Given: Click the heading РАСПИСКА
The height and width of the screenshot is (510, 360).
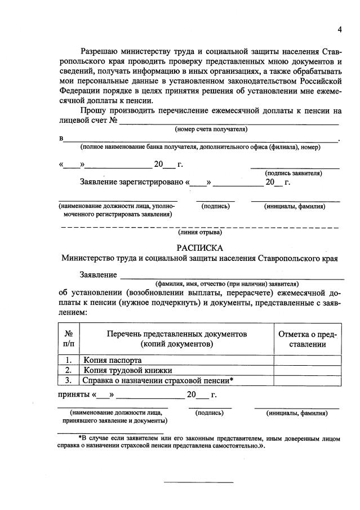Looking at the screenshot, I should [200, 248].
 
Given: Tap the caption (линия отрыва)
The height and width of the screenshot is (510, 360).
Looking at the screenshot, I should [200, 232].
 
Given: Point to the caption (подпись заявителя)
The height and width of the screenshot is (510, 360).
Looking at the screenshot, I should [294, 174].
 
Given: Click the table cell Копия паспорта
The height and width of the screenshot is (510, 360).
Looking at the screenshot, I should [113, 360].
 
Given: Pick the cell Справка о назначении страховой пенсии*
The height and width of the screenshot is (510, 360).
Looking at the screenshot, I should [158, 380].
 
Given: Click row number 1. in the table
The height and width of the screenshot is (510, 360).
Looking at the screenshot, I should [68, 360].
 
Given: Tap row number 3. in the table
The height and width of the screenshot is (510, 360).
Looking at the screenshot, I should [68, 380].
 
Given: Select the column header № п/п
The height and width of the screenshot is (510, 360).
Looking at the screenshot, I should [68, 339].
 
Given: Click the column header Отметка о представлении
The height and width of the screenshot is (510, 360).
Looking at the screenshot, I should [308, 339].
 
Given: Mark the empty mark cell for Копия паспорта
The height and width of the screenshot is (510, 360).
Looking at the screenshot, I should [308, 360].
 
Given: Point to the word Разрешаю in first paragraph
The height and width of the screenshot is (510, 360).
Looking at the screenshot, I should [102, 51].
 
